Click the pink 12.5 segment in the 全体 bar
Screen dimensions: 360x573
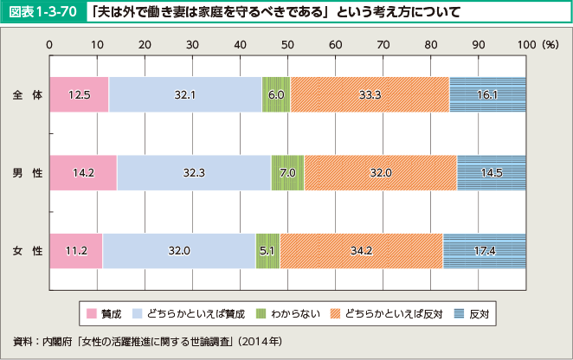point(79,94)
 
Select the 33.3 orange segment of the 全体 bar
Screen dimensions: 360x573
point(370,94)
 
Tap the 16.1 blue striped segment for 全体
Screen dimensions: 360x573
point(487,94)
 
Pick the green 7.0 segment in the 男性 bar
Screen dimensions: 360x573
point(287,172)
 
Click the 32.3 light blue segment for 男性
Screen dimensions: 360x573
point(194,172)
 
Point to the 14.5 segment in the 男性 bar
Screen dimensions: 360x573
point(491,172)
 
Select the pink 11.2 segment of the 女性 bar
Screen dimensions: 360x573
point(76,250)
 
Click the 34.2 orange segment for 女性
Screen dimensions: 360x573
point(361,250)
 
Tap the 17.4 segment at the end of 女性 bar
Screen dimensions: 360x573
point(484,250)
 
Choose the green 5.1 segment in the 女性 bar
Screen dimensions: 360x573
point(267,250)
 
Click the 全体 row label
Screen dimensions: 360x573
point(28,94)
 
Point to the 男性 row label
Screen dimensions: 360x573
point(28,172)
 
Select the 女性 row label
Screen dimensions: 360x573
point(28,250)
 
